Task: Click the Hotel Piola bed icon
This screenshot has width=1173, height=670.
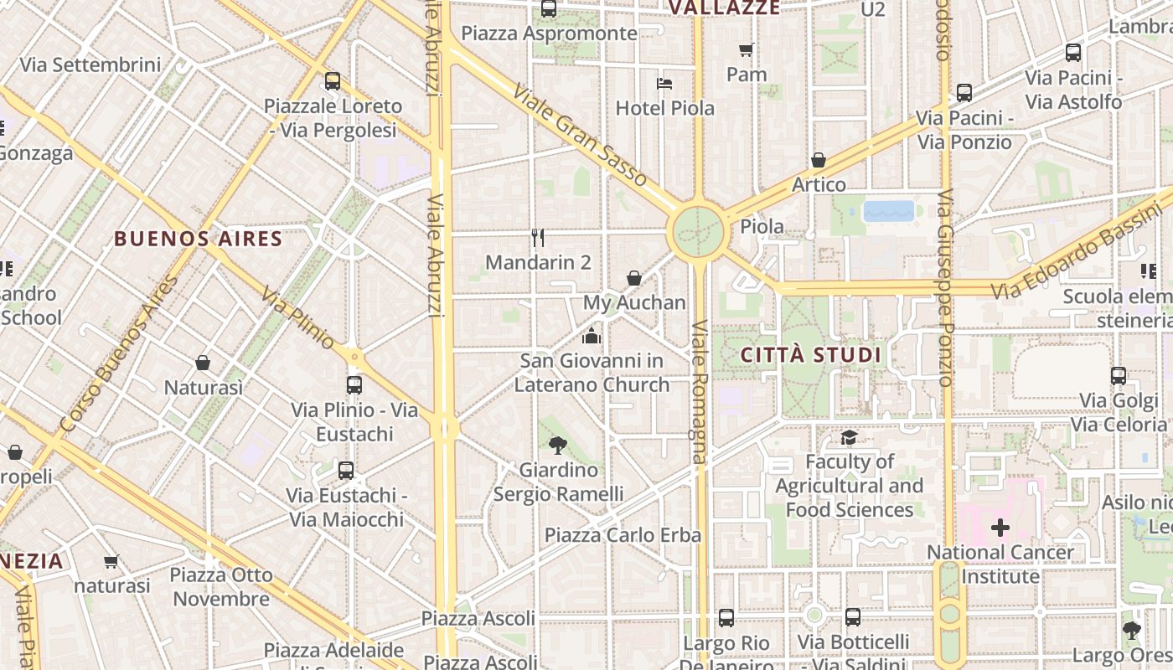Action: click(x=664, y=84)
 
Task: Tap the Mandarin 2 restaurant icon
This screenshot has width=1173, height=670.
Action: click(x=538, y=238)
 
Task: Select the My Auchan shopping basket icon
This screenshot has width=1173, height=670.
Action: click(x=634, y=278)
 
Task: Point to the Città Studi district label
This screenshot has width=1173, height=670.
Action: click(x=811, y=355)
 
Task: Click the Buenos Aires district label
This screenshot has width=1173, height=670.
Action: click(x=198, y=239)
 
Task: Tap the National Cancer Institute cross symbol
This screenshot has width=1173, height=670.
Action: click(x=1000, y=528)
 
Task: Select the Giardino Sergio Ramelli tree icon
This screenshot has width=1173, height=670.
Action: click(x=558, y=446)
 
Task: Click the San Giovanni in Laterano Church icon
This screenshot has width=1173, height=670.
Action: click(x=592, y=337)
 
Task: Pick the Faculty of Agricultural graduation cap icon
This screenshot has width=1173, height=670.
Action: click(x=849, y=437)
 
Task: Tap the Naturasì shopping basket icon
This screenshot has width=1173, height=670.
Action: click(x=203, y=363)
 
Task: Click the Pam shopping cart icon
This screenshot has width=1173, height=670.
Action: click(x=746, y=50)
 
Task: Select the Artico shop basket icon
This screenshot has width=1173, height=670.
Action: click(x=819, y=160)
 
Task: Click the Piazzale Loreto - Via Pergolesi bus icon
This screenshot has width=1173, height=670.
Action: click(x=333, y=81)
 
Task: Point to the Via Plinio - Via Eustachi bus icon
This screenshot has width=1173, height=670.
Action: click(x=354, y=385)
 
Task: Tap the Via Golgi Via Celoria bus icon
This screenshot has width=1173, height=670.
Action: click(x=1119, y=376)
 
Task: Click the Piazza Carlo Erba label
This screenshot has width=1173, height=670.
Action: click(x=623, y=535)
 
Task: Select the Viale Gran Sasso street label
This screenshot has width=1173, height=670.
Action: click(x=580, y=136)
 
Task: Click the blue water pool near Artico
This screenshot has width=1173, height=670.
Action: click(x=888, y=210)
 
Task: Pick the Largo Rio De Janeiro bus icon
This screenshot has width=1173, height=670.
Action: click(x=726, y=618)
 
